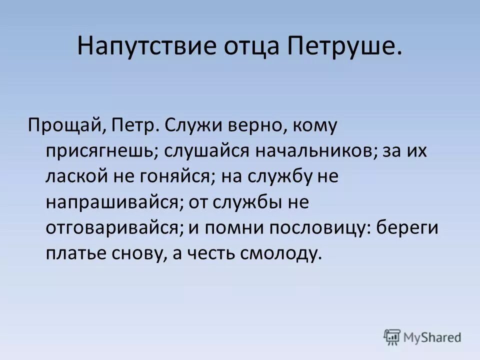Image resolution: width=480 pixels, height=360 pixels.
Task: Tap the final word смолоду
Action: point(278,253)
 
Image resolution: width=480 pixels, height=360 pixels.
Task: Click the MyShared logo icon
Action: point(392,337)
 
